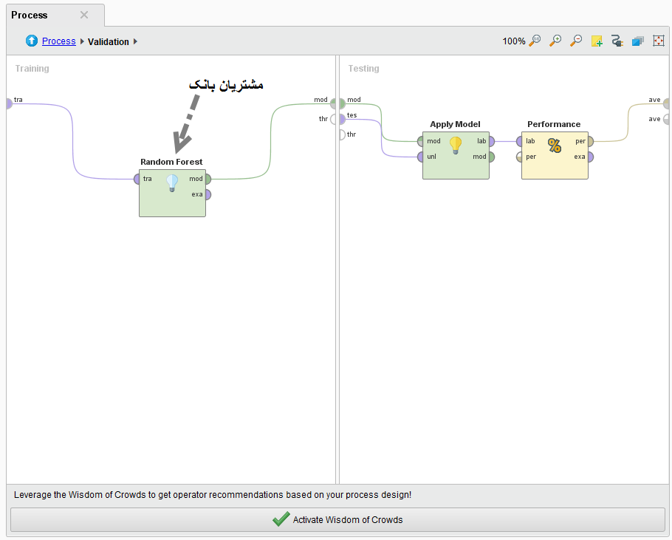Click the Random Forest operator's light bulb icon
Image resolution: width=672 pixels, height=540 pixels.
click(x=172, y=183)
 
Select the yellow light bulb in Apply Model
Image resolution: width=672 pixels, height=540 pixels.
click(x=456, y=146)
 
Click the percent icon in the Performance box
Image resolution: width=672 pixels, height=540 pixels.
click(x=555, y=146)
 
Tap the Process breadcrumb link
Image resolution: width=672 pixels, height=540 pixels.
click(x=59, y=41)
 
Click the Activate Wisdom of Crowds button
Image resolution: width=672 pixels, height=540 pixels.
click(x=337, y=519)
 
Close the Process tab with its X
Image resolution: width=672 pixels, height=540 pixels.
click(x=84, y=15)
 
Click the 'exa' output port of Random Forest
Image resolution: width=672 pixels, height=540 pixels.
click(x=208, y=194)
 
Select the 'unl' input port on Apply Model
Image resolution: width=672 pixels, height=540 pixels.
click(x=420, y=157)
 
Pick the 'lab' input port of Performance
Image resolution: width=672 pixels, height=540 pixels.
click(x=519, y=141)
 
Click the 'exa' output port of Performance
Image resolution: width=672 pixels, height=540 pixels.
click(x=591, y=157)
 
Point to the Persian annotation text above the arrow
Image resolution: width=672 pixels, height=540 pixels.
click(x=226, y=85)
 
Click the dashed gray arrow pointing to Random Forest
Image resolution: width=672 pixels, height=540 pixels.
click(x=185, y=124)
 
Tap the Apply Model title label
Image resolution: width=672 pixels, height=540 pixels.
click(x=455, y=124)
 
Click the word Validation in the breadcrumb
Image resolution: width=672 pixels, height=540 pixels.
click(x=109, y=41)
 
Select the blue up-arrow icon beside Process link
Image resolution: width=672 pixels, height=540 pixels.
click(x=32, y=41)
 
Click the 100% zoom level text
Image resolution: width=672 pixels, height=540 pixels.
click(x=514, y=41)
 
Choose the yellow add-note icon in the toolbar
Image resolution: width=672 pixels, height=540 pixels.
click(x=597, y=41)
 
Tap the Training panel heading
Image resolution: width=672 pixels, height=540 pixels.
click(x=32, y=69)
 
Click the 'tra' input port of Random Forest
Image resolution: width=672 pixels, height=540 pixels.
click(x=137, y=180)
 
